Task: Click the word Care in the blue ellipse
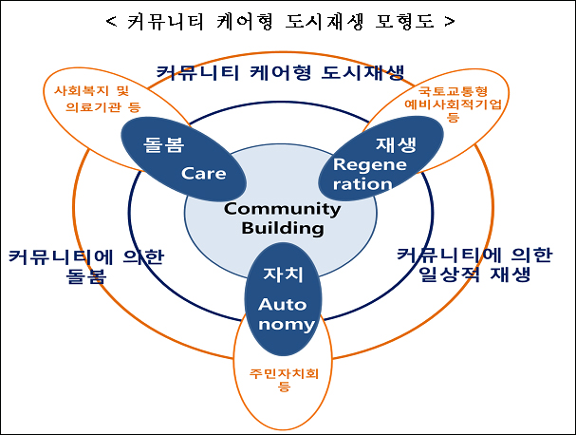pyautogui.click(x=203, y=173)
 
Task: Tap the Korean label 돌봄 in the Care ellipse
pyautogui.click(x=163, y=144)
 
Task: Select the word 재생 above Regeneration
pyautogui.click(x=396, y=144)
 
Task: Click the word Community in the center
pyautogui.click(x=282, y=209)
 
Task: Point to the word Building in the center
pyautogui.click(x=283, y=228)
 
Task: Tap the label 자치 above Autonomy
pyautogui.click(x=283, y=274)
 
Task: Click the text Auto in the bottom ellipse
pyautogui.click(x=282, y=305)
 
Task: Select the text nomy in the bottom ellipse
pyautogui.click(x=287, y=324)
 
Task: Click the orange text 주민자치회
pyautogui.click(x=284, y=373)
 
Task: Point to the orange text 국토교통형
pyautogui.click(x=453, y=91)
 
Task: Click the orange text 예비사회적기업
pyautogui.click(x=453, y=104)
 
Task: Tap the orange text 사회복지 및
pyautogui.click(x=91, y=90)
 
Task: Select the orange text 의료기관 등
pyautogui.click(x=103, y=107)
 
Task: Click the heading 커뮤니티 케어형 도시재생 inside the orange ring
pyautogui.click(x=280, y=72)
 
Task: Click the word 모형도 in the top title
pyautogui.click(x=404, y=21)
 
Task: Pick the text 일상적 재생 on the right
pyautogui.click(x=474, y=274)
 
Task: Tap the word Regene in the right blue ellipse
pyautogui.click(x=369, y=164)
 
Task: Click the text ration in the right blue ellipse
pyautogui.click(x=362, y=184)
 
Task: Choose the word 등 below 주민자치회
pyautogui.click(x=284, y=387)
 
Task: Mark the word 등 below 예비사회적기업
pyautogui.click(x=453, y=117)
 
